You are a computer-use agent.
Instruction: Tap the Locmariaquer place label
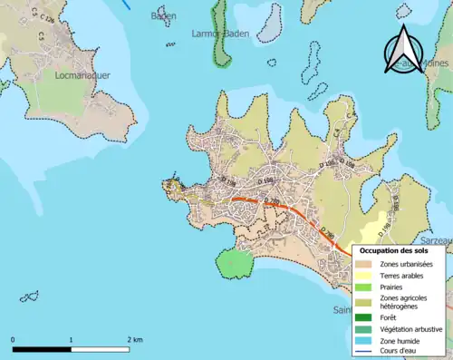(x=82, y=76)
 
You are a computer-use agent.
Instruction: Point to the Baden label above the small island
(x=164, y=15)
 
